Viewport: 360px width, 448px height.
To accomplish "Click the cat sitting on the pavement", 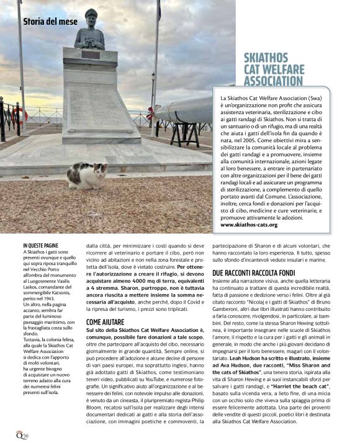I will (x=87, y=175).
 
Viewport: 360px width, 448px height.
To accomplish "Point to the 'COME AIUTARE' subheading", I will (x=105, y=323).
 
